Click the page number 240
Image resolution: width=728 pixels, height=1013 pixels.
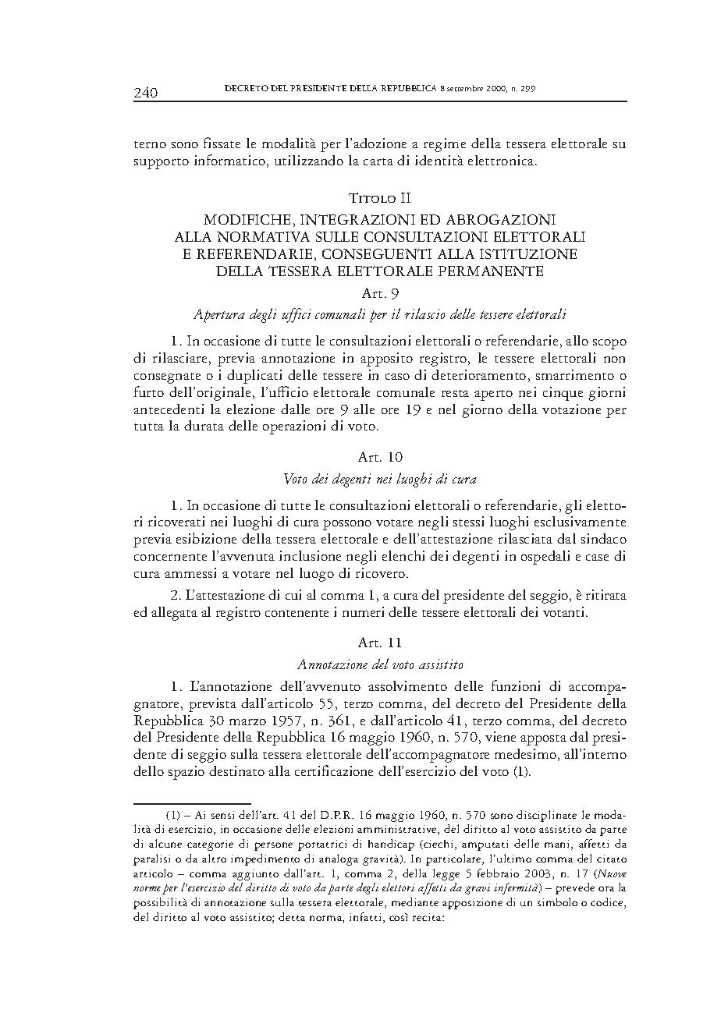coord(146,93)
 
